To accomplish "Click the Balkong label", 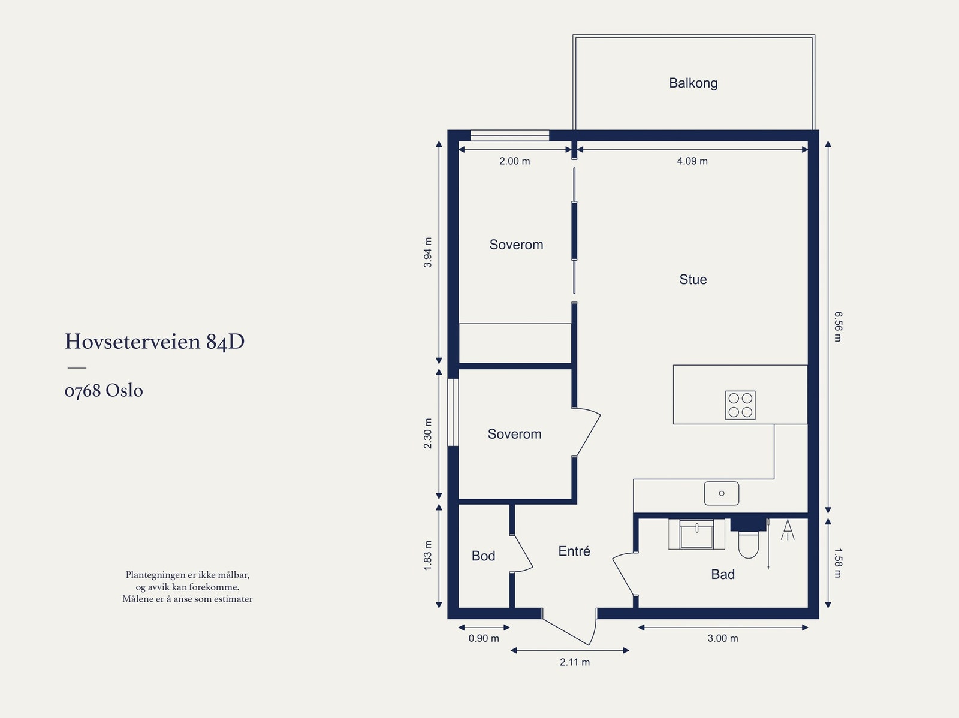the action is [693, 83].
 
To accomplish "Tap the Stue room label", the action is [693, 279].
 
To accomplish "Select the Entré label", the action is [574, 551].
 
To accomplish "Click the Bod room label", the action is [483, 556].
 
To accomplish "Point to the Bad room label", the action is [723, 574].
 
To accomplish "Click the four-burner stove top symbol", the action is [740, 405].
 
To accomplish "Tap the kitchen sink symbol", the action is [721, 493].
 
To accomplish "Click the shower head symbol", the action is [788, 529].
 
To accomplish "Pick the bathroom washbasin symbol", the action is [696, 533].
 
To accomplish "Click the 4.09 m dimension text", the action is [692, 161].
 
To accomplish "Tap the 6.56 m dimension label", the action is [837, 327].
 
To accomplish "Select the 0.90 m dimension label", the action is [484, 638].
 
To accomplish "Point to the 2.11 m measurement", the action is [575, 662].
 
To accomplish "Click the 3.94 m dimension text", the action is [428, 252].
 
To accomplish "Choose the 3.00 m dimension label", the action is [723, 638].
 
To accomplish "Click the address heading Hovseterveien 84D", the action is [155, 342].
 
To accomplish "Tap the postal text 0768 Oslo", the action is [104, 390].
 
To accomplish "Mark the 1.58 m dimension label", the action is [837, 563].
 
